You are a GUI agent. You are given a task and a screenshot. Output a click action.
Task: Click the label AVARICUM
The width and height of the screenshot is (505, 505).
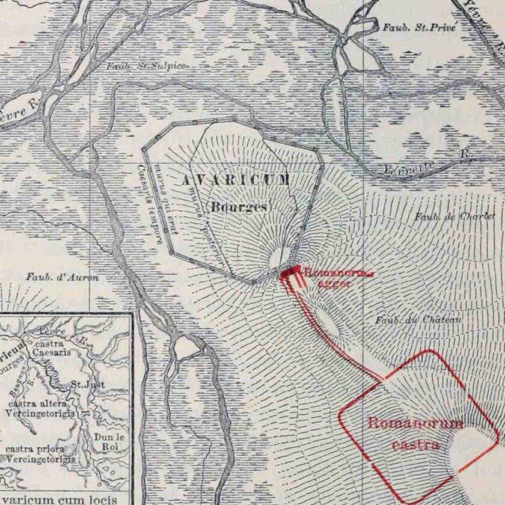pos(236,180)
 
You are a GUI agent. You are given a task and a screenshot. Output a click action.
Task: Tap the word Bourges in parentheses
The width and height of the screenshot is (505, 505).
pos(239,206)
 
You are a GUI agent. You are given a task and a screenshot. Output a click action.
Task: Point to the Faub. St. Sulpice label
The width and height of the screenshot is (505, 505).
pos(146,66)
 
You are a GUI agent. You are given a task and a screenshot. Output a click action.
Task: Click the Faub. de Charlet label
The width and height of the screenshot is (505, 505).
pos(454,216)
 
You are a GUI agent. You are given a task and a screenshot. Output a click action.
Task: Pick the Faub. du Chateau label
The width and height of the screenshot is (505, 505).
pos(418,320)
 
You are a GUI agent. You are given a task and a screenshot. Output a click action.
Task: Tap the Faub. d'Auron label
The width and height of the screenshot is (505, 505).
pos(62,277)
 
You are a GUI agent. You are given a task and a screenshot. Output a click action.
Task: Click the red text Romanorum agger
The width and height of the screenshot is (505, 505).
pos(337,278)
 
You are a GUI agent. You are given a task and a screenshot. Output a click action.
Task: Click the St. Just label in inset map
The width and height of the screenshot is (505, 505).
pos(88,384)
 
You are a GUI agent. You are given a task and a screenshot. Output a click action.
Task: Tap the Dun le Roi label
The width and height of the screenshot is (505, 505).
pos(109,441)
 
